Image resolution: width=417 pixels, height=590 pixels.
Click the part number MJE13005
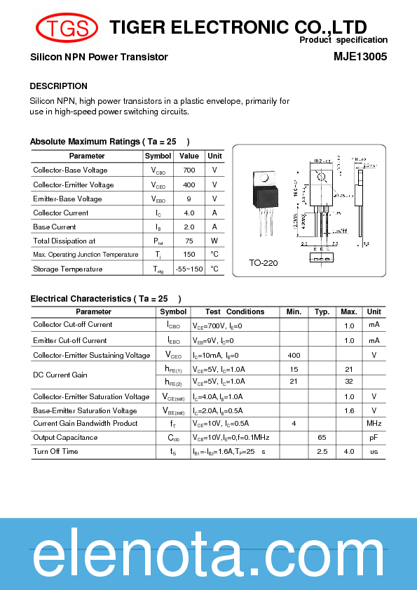pyautogui.click(x=360, y=57)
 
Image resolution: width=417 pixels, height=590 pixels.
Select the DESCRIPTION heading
pyautogui.click(x=58, y=86)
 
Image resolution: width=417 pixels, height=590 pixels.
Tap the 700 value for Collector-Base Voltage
pyautogui.click(x=189, y=170)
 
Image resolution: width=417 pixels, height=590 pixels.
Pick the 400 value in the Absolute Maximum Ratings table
pyautogui.click(x=189, y=185)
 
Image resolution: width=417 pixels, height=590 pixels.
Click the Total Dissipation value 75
pyautogui.click(x=189, y=241)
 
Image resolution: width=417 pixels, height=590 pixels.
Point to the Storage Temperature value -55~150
pyautogui.click(x=189, y=269)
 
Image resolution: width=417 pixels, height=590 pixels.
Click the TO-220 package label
pyautogui.click(x=264, y=264)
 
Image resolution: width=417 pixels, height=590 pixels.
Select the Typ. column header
pyautogui.click(x=322, y=311)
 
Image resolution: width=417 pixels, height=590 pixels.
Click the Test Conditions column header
pyautogui.click(x=235, y=311)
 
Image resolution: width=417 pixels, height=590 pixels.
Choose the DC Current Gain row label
pyautogui.click(x=60, y=375)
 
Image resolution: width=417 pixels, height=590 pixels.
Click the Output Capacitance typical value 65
pyautogui.click(x=322, y=438)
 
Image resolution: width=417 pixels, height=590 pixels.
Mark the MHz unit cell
pyautogui.click(x=374, y=424)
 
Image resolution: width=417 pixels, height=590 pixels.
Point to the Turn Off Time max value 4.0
pyautogui.click(x=348, y=452)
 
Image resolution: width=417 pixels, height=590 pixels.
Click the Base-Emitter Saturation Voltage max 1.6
pyautogui.click(x=348, y=410)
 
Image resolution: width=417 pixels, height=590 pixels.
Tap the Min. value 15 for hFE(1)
pyautogui.click(x=294, y=369)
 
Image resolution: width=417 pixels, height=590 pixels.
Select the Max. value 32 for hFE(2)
pyautogui.click(x=348, y=382)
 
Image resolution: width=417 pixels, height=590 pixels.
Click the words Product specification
pyautogui.click(x=343, y=41)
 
